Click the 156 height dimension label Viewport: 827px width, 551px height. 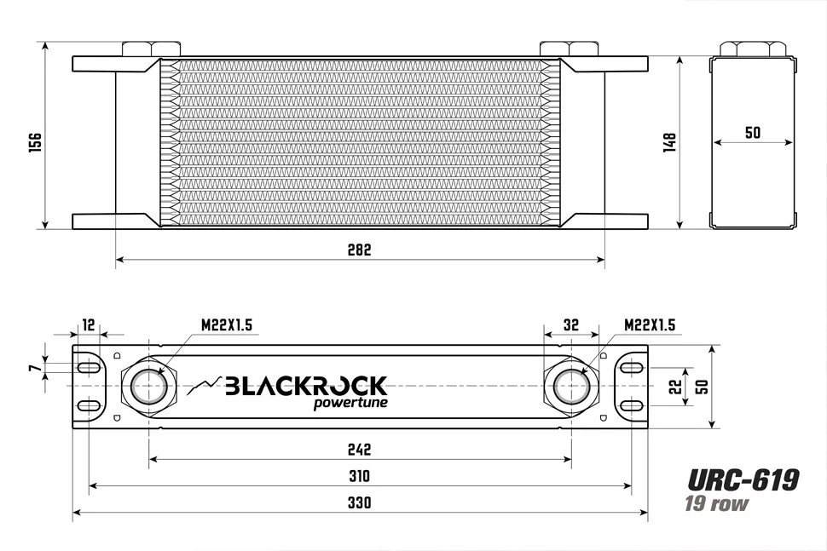35,142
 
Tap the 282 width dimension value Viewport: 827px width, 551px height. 360,250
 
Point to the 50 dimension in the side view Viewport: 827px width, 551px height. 752,133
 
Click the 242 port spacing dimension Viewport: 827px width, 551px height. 360,450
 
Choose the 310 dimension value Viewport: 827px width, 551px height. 360,476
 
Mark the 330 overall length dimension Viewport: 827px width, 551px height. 360,502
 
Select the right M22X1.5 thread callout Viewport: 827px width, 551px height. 649,325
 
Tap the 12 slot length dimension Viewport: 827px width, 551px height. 89,324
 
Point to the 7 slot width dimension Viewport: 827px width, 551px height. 33,368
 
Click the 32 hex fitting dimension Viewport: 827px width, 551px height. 571,324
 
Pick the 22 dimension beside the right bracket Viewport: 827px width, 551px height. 674,386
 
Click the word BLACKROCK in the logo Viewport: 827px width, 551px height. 305,386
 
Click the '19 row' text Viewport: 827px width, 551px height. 716,503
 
